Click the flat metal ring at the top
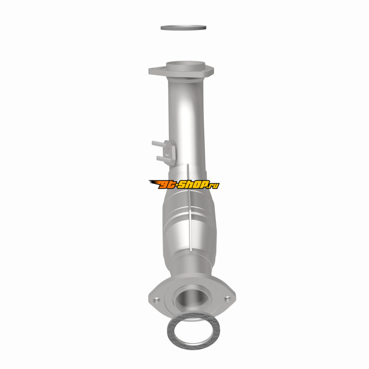183,28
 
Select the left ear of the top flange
155,71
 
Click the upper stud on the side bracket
159,144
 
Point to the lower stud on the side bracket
162,159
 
